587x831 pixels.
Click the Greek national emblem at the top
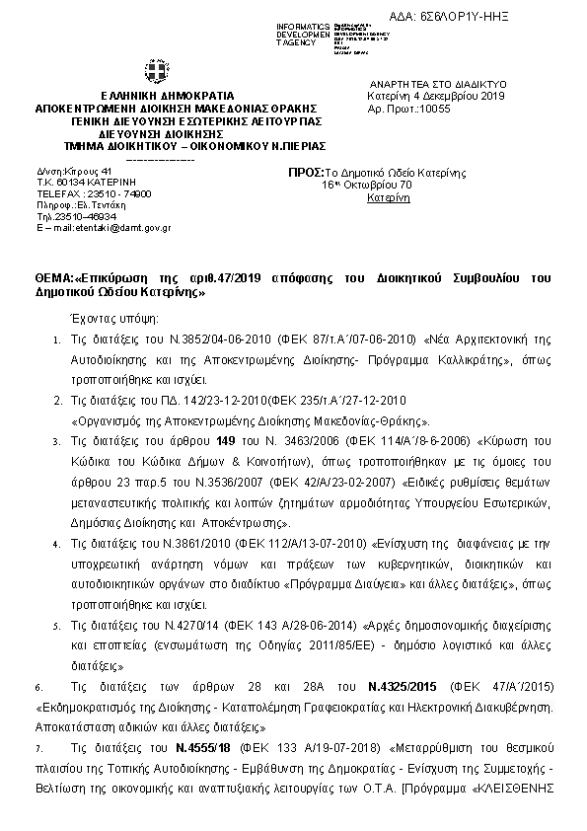[155, 72]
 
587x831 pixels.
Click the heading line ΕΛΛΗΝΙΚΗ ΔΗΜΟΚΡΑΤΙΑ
[156, 95]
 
